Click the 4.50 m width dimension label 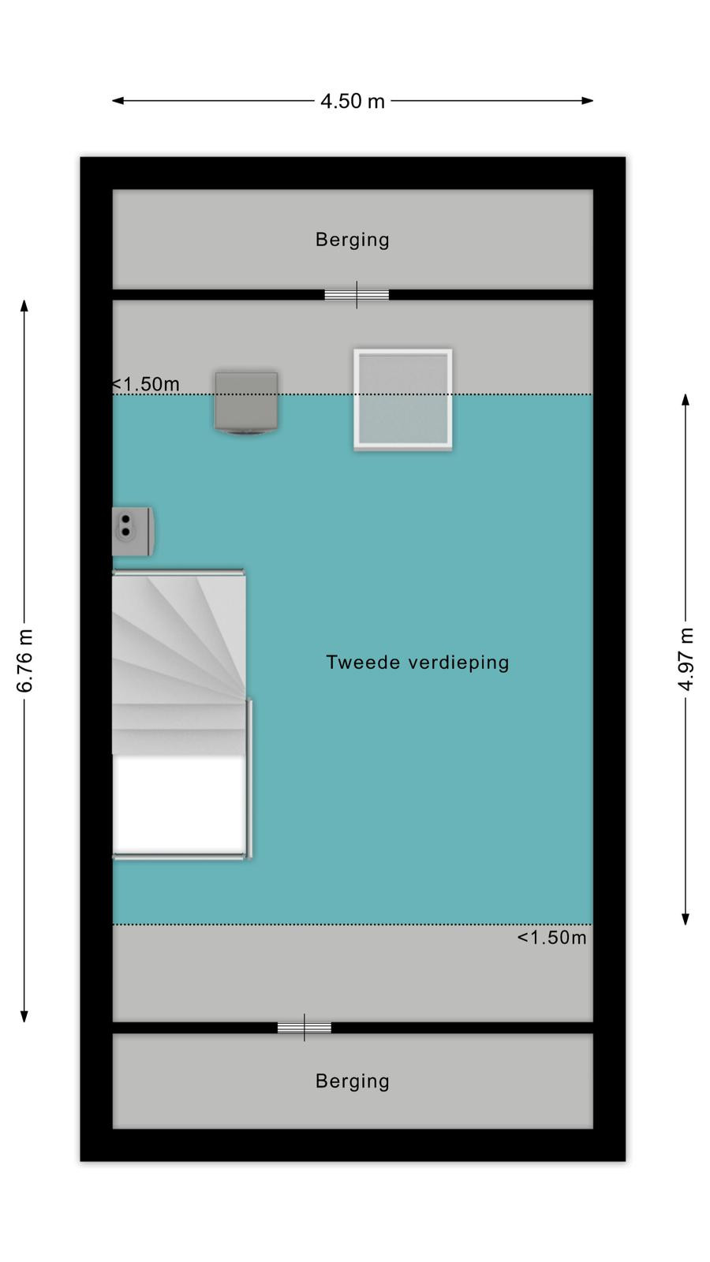[352, 102]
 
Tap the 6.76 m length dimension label [24, 660]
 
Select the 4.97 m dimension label [686, 659]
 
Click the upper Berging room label [352, 240]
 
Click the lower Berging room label [352, 1081]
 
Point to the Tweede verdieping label [417, 663]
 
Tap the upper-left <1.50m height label [145, 384]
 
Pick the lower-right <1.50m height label [551, 938]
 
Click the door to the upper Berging [357, 295]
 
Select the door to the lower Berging [305, 1028]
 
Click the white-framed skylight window [403, 399]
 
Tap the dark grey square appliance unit [246, 402]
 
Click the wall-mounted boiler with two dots [133, 532]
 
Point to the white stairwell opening [180, 805]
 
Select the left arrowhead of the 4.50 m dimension [118, 101]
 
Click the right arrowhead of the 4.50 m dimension [588, 101]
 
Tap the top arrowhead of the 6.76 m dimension [24, 306]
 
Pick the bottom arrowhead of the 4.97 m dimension [686, 918]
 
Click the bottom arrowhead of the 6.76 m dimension [24, 1015]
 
